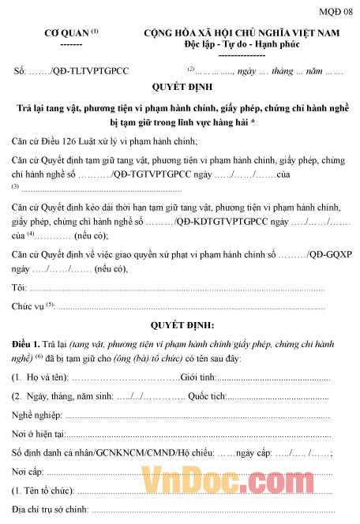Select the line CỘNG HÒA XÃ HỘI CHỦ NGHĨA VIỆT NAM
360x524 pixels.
241,32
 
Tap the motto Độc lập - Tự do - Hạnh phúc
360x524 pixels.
241,44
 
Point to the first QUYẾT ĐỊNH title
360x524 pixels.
179,88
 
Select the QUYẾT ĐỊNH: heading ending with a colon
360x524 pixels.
181,325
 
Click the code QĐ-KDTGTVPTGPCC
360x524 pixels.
223,222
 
